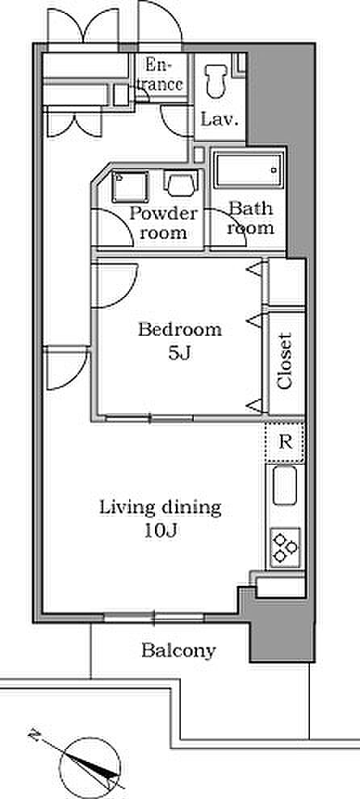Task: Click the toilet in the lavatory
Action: pyautogui.click(x=214, y=82)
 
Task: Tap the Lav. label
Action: pyautogui.click(x=220, y=120)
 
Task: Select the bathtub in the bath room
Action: pyautogui.click(x=249, y=169)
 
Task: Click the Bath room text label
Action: pyautogui.click(x=250, y=218)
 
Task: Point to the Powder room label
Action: pyautogui.click(x=163, y=224)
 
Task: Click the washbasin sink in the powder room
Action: pyautogui.click(x=130, y=186)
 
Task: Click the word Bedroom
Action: pyautogui.click(x=180, y=330)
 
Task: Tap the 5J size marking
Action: pyautogui.click(x=179, y=353)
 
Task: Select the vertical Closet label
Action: pyautogui.click(x=286, y=361)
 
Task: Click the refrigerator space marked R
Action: pyautogui.click(x=285, y=442)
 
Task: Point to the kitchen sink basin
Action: pyautogui.click(x=285, y=486)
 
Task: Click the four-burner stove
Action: pyautogui.click(x=285, y=548)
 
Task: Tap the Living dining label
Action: pyautogui.click(x=160, y=508)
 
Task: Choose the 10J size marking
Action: pyautogui.click(x=160, y=532)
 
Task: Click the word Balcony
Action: pyautogui.click(x=179, y=650)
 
